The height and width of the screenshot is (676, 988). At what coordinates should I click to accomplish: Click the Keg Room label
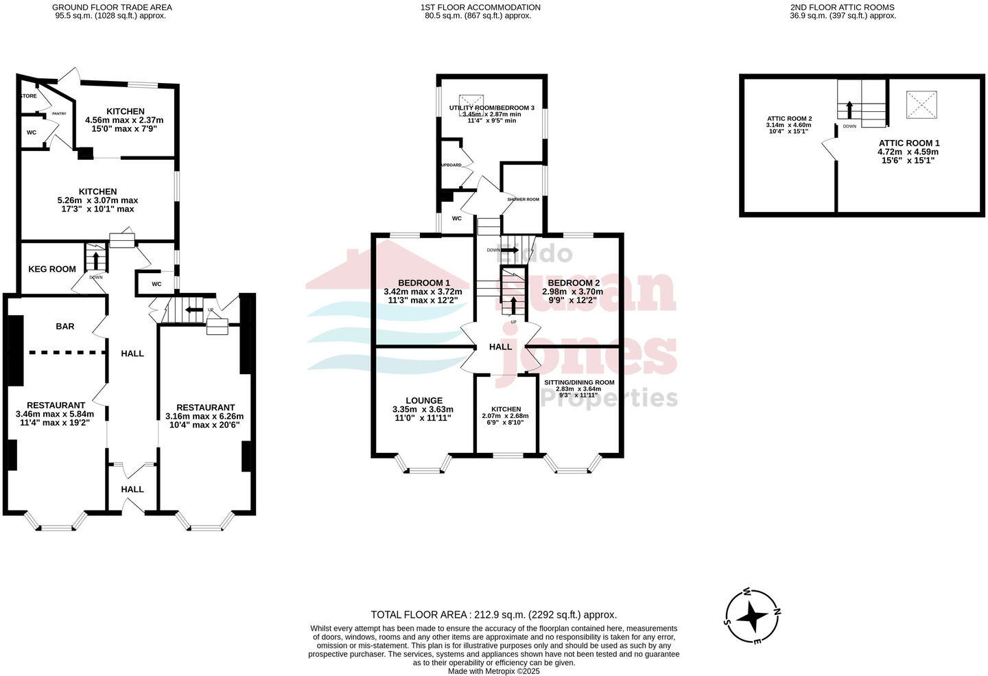52,269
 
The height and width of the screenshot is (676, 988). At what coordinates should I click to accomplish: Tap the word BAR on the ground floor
65,327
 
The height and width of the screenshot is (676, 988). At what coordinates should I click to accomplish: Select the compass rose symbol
752,616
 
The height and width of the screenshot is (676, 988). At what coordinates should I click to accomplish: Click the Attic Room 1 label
908,143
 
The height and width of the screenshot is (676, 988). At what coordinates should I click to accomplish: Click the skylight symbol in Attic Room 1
921,105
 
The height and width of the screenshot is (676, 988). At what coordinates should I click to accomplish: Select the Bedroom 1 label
424,283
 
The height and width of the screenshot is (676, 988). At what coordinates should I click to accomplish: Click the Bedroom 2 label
574,283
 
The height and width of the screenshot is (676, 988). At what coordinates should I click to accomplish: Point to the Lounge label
424,401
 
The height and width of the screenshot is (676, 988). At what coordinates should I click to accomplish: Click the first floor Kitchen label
506,409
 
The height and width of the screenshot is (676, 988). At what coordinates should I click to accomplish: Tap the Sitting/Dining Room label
579,382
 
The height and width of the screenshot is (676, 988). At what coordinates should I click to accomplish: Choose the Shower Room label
524,199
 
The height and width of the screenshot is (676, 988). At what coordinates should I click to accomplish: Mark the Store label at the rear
29,96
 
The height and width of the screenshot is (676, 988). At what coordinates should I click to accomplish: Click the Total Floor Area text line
493,615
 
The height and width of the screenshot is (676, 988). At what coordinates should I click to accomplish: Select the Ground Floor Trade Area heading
112,8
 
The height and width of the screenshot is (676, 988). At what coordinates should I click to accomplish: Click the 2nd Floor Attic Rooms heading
842,8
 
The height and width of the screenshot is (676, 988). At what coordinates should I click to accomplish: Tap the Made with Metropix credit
493,671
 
